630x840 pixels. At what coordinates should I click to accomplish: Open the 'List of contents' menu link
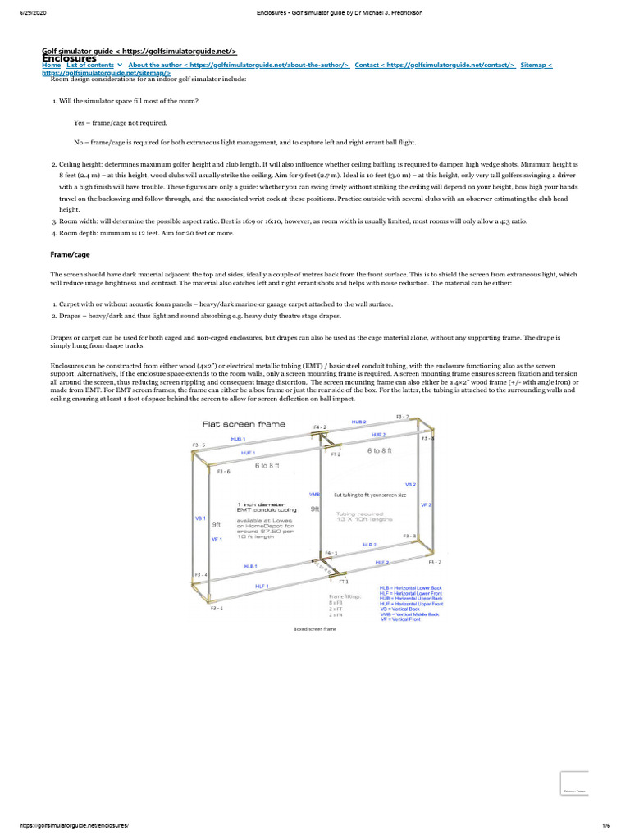90,65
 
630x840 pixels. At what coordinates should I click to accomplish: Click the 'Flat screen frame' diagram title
232,424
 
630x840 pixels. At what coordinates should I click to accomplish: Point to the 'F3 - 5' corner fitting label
199,445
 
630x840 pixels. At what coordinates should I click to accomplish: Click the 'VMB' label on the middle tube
314,495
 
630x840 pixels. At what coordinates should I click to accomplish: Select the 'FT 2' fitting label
335,454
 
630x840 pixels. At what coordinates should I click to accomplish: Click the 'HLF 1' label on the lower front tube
262,586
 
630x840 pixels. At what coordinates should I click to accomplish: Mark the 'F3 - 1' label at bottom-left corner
217,609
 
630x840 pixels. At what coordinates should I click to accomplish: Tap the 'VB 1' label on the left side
199,519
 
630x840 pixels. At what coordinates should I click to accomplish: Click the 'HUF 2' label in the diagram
378,434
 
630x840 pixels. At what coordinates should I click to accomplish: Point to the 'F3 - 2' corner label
435,562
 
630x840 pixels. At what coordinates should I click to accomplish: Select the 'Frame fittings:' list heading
345,596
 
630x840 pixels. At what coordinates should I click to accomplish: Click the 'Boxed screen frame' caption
315,629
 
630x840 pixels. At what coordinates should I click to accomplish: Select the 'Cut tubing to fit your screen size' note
370,495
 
